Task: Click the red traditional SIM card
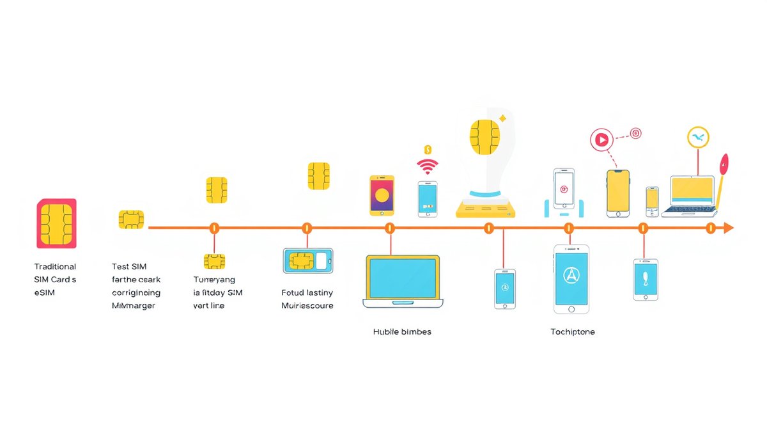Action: point(57,223)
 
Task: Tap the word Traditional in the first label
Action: point(55,267)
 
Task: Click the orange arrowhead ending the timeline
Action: point(728,228)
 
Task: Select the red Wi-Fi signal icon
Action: point(428,166)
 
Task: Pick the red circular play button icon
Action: point(601,139)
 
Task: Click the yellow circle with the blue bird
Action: point(698,138)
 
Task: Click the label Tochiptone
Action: point(573,332)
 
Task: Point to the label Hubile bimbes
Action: point(402,332)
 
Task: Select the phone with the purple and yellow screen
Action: point(382,195)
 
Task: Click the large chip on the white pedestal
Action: point(484,136)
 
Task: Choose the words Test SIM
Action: point(129,267)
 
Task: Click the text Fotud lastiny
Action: point(307,292)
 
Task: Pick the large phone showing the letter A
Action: point(571,278)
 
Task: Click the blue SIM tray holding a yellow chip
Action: point(308,260)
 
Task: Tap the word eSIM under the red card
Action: point(45,292)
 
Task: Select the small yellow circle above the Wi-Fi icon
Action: point(428,150)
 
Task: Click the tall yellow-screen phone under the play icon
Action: point(617,193)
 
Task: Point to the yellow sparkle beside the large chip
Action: point(502,118)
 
